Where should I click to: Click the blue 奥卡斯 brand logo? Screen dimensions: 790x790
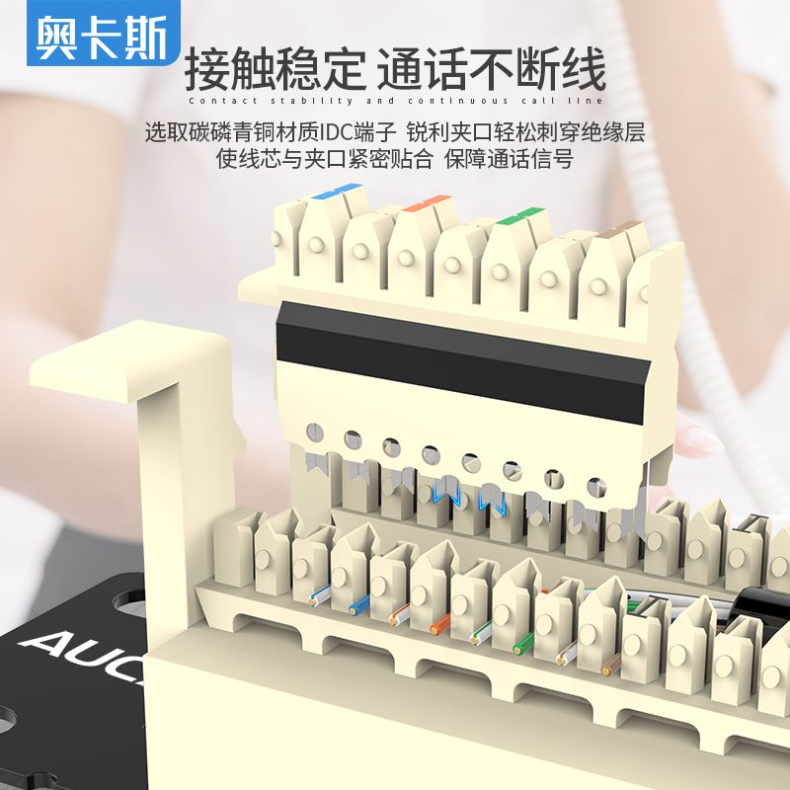click(x=104, y=33)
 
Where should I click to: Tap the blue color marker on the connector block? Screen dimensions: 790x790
click(x=337, y=191)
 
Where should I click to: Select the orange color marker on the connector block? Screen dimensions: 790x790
click(x=427, y=202)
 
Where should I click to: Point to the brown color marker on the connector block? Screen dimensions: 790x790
click(x=618, y=229)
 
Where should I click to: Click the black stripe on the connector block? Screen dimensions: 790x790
click(x=462, y=361)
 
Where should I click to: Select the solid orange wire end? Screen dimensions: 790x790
click(x=439, y=624)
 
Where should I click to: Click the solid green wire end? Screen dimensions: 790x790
click(x=523, y=644)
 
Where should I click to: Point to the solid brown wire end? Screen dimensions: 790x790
click(x=610, y=665)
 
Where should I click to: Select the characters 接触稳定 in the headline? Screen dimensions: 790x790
click(x=276, y=69)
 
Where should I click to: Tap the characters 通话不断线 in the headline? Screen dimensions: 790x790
click(x=491, y=69)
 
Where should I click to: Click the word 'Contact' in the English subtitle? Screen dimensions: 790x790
click(x=223, y=101)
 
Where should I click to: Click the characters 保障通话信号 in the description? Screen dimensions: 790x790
click(x=509, y=159)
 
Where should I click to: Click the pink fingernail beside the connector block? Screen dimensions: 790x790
click(x=702, y=439)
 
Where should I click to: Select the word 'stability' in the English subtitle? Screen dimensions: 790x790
click(x=312, y=101)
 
